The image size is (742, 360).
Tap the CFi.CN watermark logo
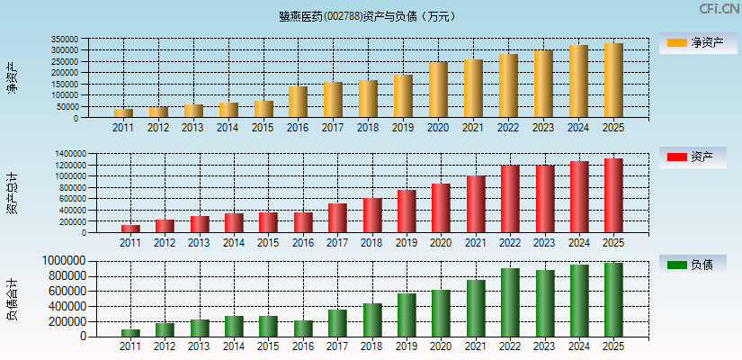coord(719,9)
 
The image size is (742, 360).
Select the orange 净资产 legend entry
coord(697,42)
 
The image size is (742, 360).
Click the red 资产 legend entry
coord(697,157)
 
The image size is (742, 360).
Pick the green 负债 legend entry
coord(697,265)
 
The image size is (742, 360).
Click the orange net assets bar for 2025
coord(613,81)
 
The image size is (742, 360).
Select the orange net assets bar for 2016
coord(298,102)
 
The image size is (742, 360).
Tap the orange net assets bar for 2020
coord(438,90)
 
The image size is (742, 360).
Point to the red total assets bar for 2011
coord(130,229)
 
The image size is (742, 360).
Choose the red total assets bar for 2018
coord(372,215)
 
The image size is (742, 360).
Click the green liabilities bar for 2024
coord(578,301)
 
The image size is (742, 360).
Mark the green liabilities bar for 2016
coord(303,328)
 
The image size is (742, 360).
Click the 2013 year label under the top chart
coord(192,128)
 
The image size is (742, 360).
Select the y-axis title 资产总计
coord(12,193)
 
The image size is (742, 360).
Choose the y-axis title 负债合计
coord(12,299)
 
